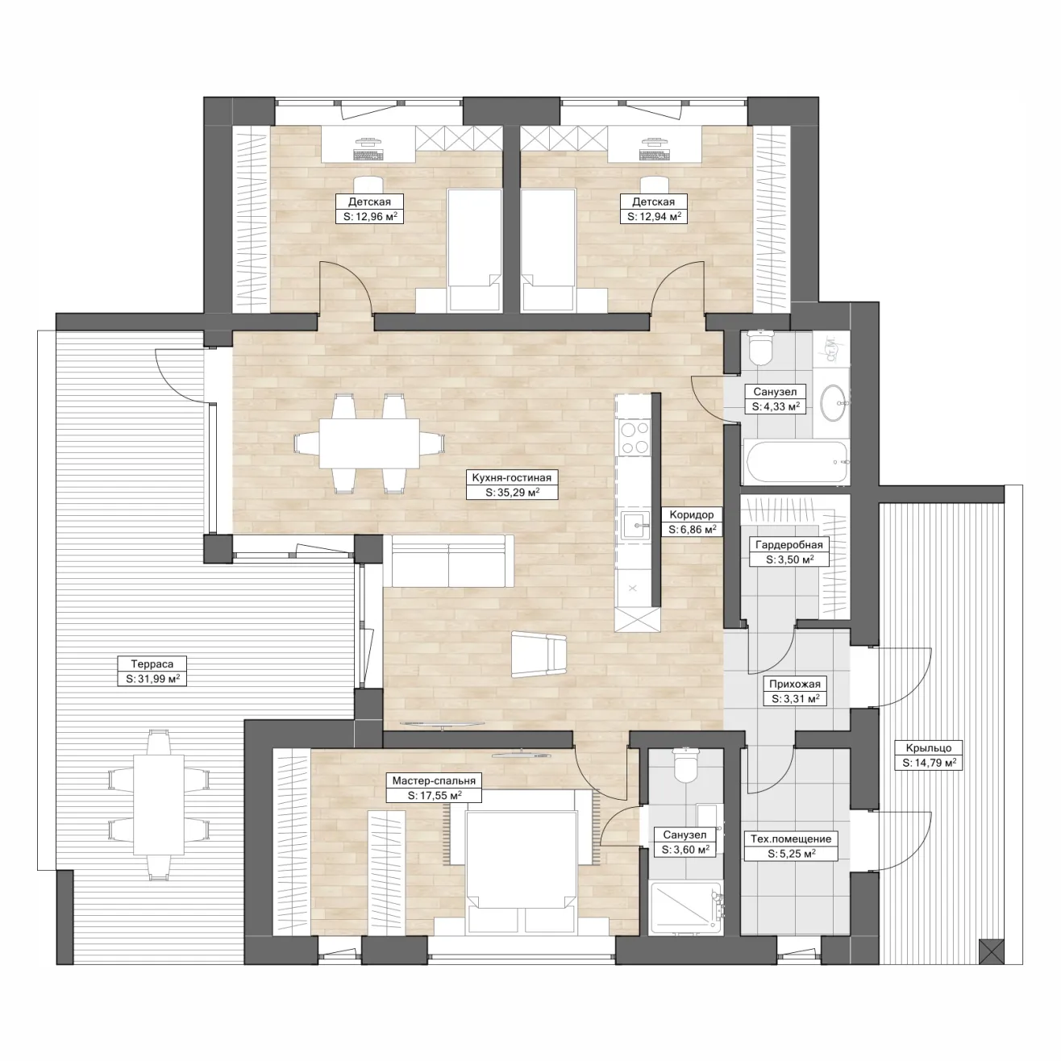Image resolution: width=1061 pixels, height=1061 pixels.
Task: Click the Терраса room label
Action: point(152,664)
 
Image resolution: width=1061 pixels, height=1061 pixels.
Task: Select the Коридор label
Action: point(692,515)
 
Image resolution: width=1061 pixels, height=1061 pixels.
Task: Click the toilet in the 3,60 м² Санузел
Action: point(686,764)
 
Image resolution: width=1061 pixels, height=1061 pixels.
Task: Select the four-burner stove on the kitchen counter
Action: point(635,438)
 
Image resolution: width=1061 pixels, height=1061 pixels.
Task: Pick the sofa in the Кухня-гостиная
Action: point(448,560)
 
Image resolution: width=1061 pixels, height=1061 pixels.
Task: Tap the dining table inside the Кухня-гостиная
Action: point(369,443)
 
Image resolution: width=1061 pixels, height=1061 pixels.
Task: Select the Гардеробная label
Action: point(788,544)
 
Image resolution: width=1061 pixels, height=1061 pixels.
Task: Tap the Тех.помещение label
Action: point(791,838)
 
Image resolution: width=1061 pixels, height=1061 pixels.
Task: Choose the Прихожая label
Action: point(794,684)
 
